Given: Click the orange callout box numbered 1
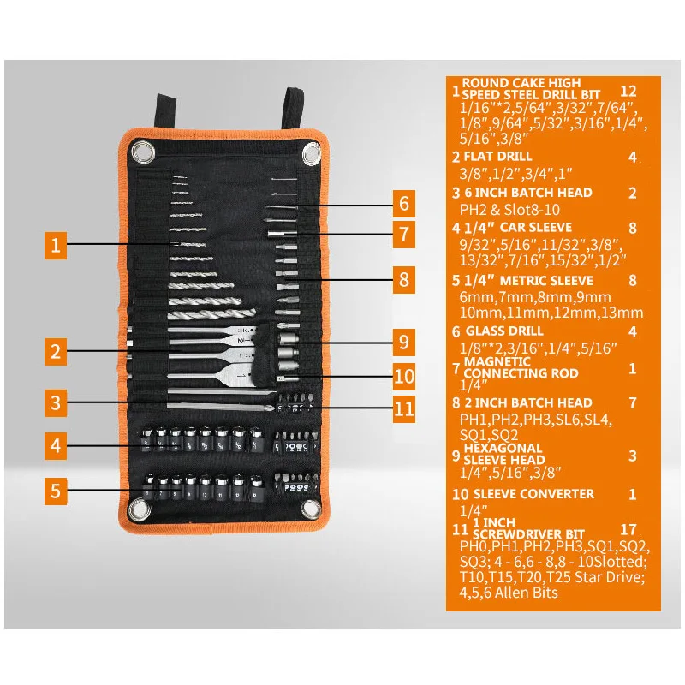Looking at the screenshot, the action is click(x=56, y=246).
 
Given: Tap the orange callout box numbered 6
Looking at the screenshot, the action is click(x=403, y=204).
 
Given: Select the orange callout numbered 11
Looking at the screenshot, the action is click(x=403, y=408).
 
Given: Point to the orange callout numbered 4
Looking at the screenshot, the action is click(x=56, y=445).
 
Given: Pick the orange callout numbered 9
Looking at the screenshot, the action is click(x=403, y=342).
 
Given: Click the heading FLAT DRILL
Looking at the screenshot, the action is click(x=497, y=157).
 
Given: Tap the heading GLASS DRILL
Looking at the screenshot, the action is click(x=503, y=331).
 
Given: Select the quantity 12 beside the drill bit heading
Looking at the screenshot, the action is click(x=629, y=91).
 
